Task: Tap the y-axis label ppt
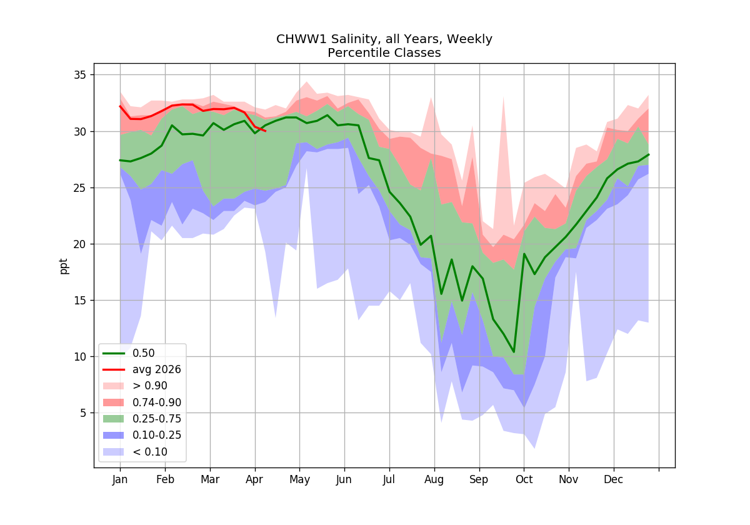point(63,266)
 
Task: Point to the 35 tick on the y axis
point(80,74)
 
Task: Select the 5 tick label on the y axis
point(83,413)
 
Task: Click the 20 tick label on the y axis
point(80,244)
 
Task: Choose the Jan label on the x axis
point(120,480)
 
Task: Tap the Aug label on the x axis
point(434,480)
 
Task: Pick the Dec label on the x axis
point(613,480)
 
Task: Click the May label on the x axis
point(299,480)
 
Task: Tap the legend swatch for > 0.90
point(113,386)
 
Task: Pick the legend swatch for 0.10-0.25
point(113,435)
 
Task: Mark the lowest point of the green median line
point(514,352)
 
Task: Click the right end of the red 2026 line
point(266,131)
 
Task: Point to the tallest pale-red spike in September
point(503,97)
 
